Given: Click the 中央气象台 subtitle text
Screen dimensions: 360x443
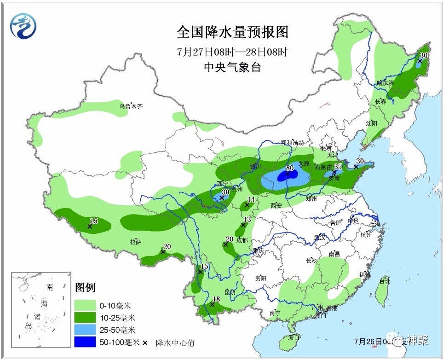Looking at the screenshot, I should point(232,67).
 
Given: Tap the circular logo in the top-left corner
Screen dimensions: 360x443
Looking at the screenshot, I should point(23,25).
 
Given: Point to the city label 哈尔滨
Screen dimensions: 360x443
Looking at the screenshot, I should point(385,83).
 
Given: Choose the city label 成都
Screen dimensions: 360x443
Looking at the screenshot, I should point(242,240).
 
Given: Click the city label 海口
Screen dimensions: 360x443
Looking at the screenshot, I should point(293,337).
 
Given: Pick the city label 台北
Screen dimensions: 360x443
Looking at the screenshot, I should point(385,280).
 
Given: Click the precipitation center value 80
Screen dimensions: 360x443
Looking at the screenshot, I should point(289,168).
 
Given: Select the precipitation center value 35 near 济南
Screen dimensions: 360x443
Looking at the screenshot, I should point(338,167).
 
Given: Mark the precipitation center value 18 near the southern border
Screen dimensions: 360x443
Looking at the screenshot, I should point(217,299).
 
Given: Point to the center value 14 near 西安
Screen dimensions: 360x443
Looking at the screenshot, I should point(251,199).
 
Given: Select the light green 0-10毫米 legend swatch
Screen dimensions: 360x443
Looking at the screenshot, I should point(85,305).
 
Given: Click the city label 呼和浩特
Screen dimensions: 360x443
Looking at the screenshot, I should point(293,143).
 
